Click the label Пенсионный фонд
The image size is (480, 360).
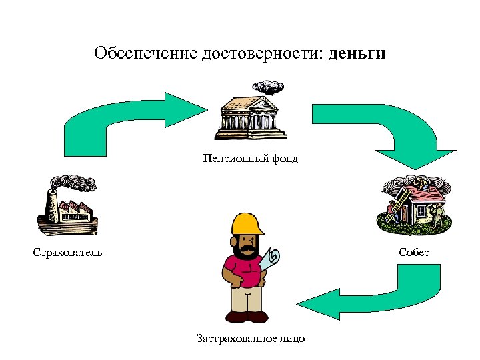(x=251, y=159)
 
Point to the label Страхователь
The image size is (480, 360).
(x=67, y=252)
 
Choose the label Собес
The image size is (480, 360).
(x=414, y=252)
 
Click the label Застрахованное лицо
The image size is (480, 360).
(x=251, y=339)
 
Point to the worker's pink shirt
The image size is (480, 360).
(x=243, y=270)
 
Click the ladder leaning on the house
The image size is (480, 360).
(x=400, y=203)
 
